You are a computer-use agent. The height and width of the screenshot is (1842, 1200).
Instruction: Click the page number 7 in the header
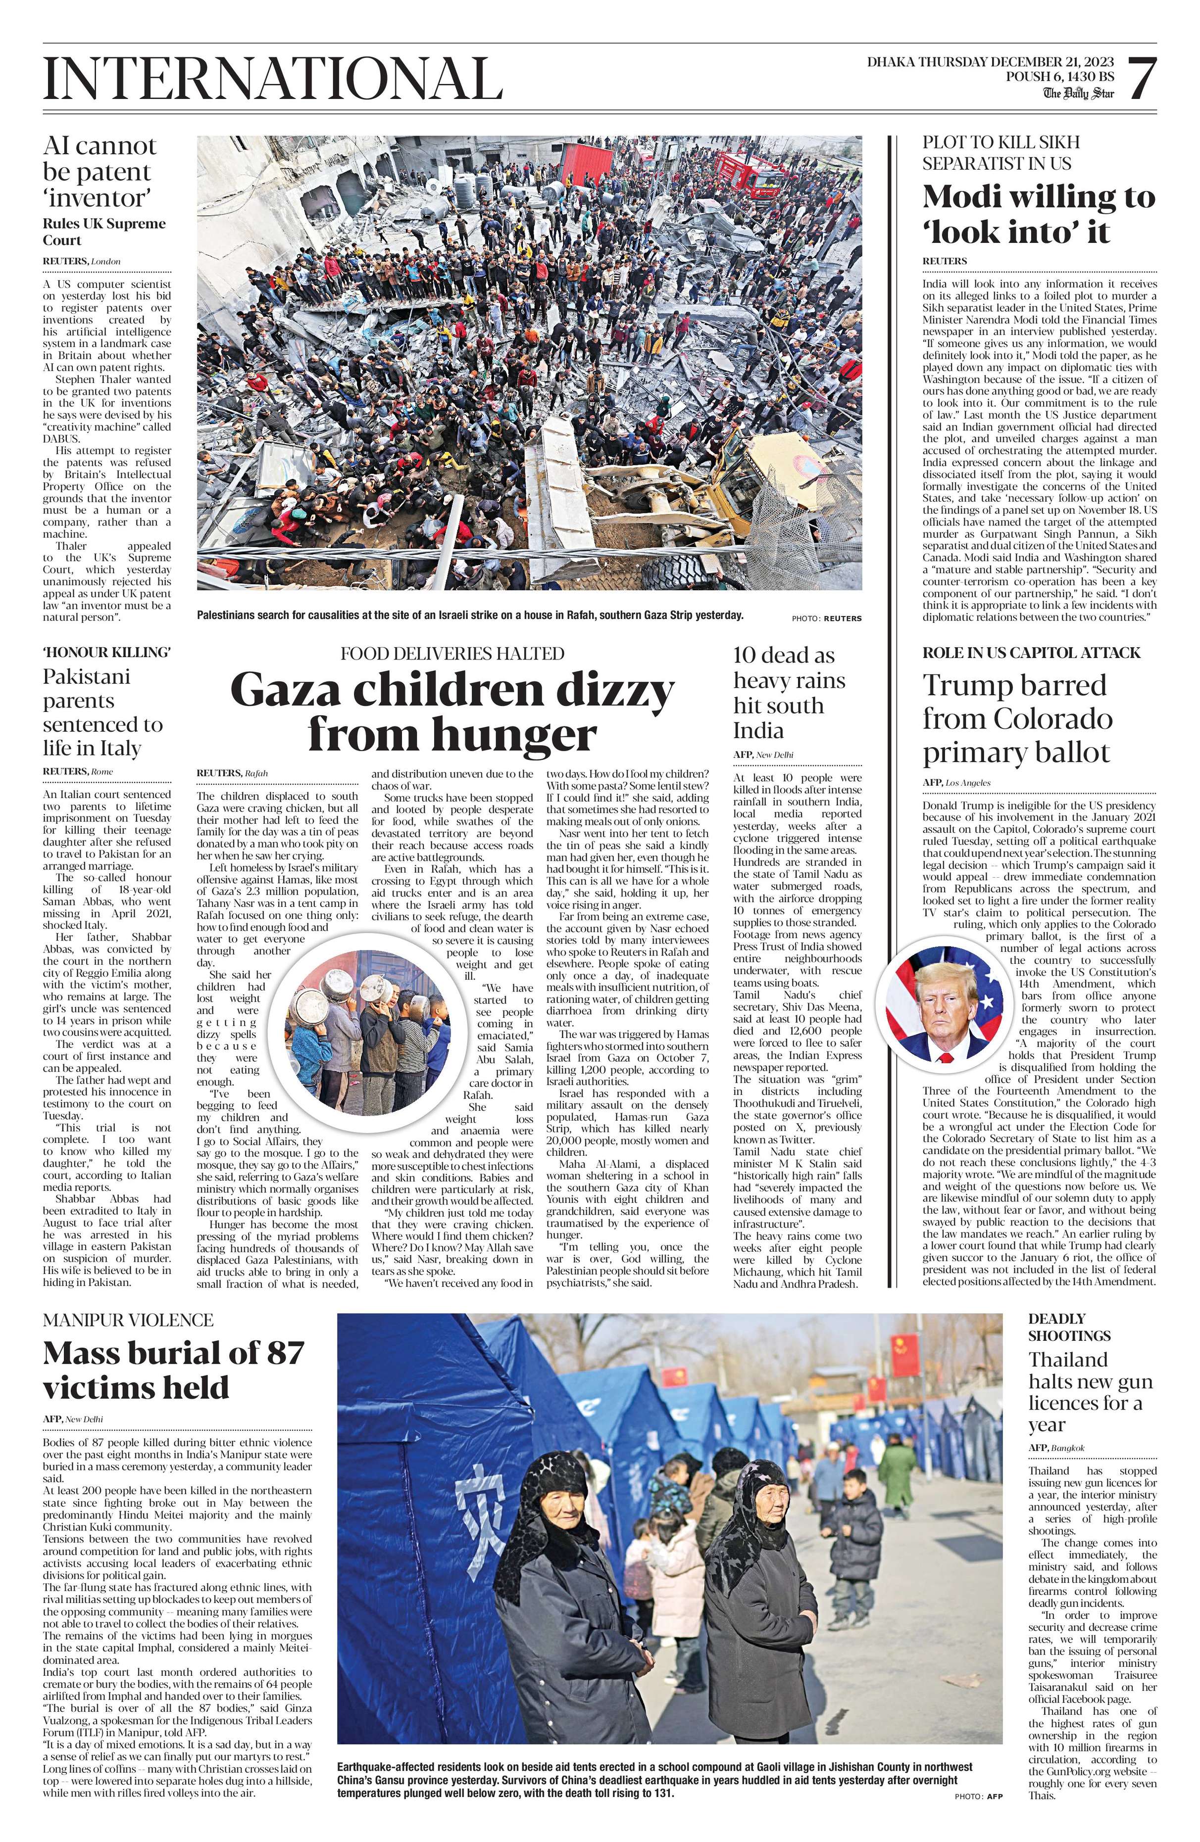click(1142, 79)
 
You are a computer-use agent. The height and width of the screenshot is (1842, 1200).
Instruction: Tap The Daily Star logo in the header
click(1078, 94)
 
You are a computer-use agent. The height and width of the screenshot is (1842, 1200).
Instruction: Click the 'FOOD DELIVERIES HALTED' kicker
click(452, 653)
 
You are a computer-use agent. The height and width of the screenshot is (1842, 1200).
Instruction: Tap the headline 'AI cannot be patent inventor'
click(99, 172)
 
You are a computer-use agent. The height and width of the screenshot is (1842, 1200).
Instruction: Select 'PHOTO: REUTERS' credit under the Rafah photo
click(826, 618)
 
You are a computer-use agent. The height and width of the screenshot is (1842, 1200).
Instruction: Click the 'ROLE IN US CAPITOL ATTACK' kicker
click(1031, 653)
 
